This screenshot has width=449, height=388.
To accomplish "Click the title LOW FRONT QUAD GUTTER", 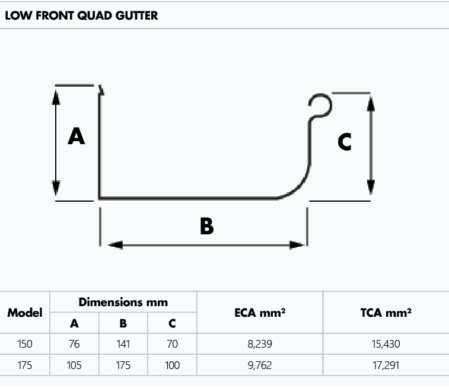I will coord(81,15).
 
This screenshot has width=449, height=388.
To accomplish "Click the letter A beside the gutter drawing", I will coord(76,136).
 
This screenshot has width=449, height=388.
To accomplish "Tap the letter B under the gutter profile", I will coord(206,226).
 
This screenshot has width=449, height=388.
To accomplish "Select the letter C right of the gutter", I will coord(344,142).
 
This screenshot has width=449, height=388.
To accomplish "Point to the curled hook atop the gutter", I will coord(321,106).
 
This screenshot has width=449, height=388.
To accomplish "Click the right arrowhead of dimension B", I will coord(295,244).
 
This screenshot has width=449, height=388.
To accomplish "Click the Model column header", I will coord(25,313).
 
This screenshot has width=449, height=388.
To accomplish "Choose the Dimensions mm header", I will coord(123,302).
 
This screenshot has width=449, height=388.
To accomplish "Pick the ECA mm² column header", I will coord(260,313).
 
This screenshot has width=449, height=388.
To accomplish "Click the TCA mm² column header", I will coord(386,313).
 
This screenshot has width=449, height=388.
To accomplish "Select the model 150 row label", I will coord(25,344).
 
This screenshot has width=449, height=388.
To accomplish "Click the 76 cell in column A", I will coord(74,344).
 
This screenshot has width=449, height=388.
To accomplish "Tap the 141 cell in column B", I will coord(123,344).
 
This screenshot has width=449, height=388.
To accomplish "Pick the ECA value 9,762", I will coord(260,365).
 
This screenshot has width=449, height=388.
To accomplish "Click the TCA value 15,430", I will coord(386,344).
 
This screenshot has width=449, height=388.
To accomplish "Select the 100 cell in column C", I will coord(172,365).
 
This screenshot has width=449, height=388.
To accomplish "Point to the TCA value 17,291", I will coord(386,365).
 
